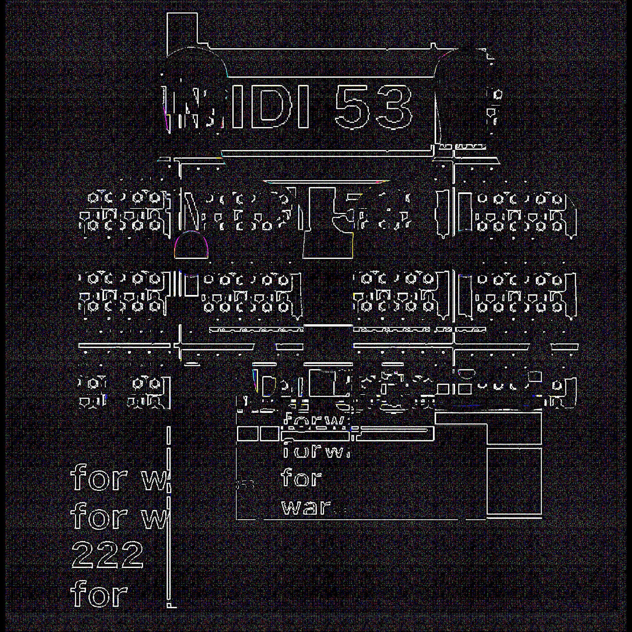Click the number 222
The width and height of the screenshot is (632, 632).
point(107,555)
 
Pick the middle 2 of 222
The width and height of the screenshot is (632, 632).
point(107,555)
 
